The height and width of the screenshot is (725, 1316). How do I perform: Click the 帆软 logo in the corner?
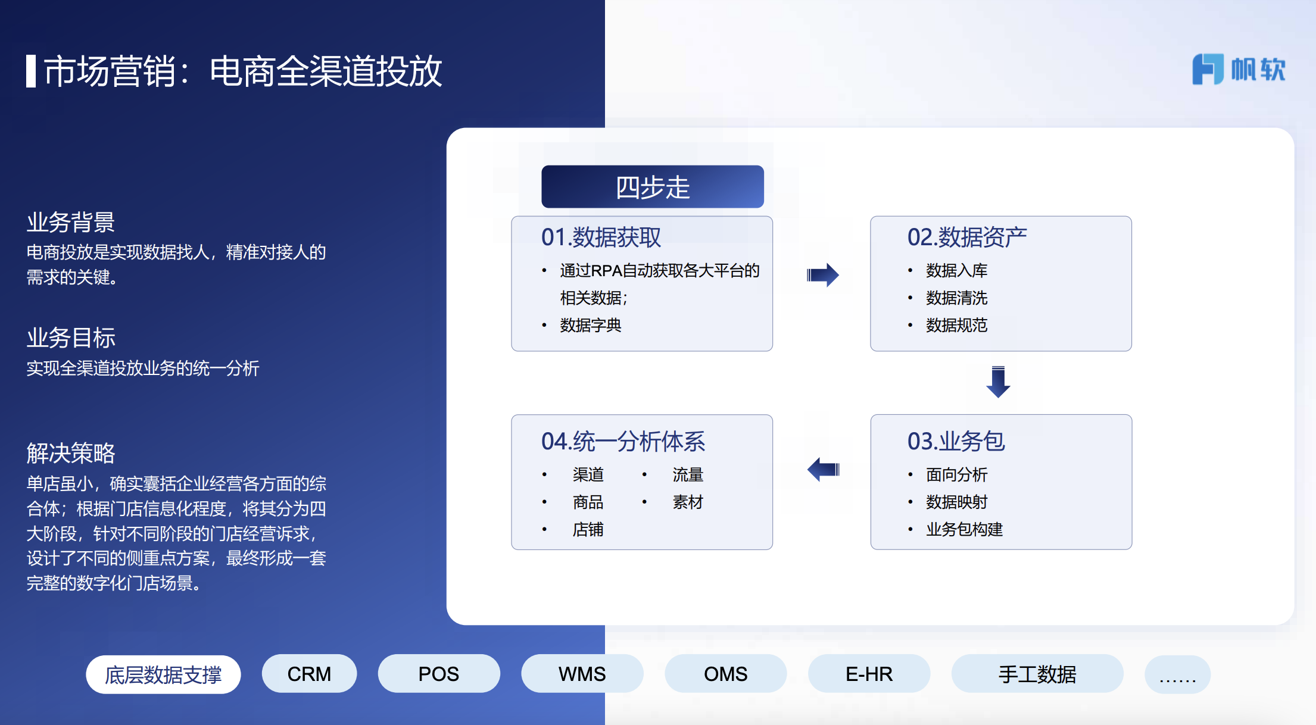[x=1239, y=69]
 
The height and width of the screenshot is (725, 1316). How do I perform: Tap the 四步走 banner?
[x=652, y=186]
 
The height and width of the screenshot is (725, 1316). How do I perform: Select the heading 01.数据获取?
[x=601, y=237]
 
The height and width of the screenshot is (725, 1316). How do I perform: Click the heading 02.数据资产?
[x=966, y=237]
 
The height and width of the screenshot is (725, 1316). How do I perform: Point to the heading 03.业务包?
[x=956, y=441]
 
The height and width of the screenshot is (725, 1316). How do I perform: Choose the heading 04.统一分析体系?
[x=623, y=441]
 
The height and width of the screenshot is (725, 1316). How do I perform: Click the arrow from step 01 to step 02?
[x=822, y=275]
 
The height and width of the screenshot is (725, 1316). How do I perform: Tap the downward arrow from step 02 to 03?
[x=998, y=382]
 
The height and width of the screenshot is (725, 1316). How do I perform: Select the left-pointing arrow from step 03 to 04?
[x=824, y=470]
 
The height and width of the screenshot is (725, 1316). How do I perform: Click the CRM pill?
[x=309, y=674]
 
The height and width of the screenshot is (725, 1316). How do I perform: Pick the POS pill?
[x=439, y=674]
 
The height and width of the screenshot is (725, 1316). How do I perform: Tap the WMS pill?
[x=582, y=674]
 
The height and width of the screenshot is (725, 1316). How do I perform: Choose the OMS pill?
[x=725, y=674]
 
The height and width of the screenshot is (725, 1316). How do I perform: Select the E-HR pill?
[x=869, y=674]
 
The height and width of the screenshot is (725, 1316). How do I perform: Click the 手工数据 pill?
[x=1037, y=674]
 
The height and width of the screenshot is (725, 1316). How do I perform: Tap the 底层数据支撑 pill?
[x=163, y=674]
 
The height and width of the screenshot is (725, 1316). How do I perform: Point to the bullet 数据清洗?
[x=956, y=298]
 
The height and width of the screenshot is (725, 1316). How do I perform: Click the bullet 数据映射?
[x=956, y=502]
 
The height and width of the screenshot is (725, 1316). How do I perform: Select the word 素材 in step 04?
[x=688, y=502]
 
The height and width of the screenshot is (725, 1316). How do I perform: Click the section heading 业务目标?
[x=71, y=337]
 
